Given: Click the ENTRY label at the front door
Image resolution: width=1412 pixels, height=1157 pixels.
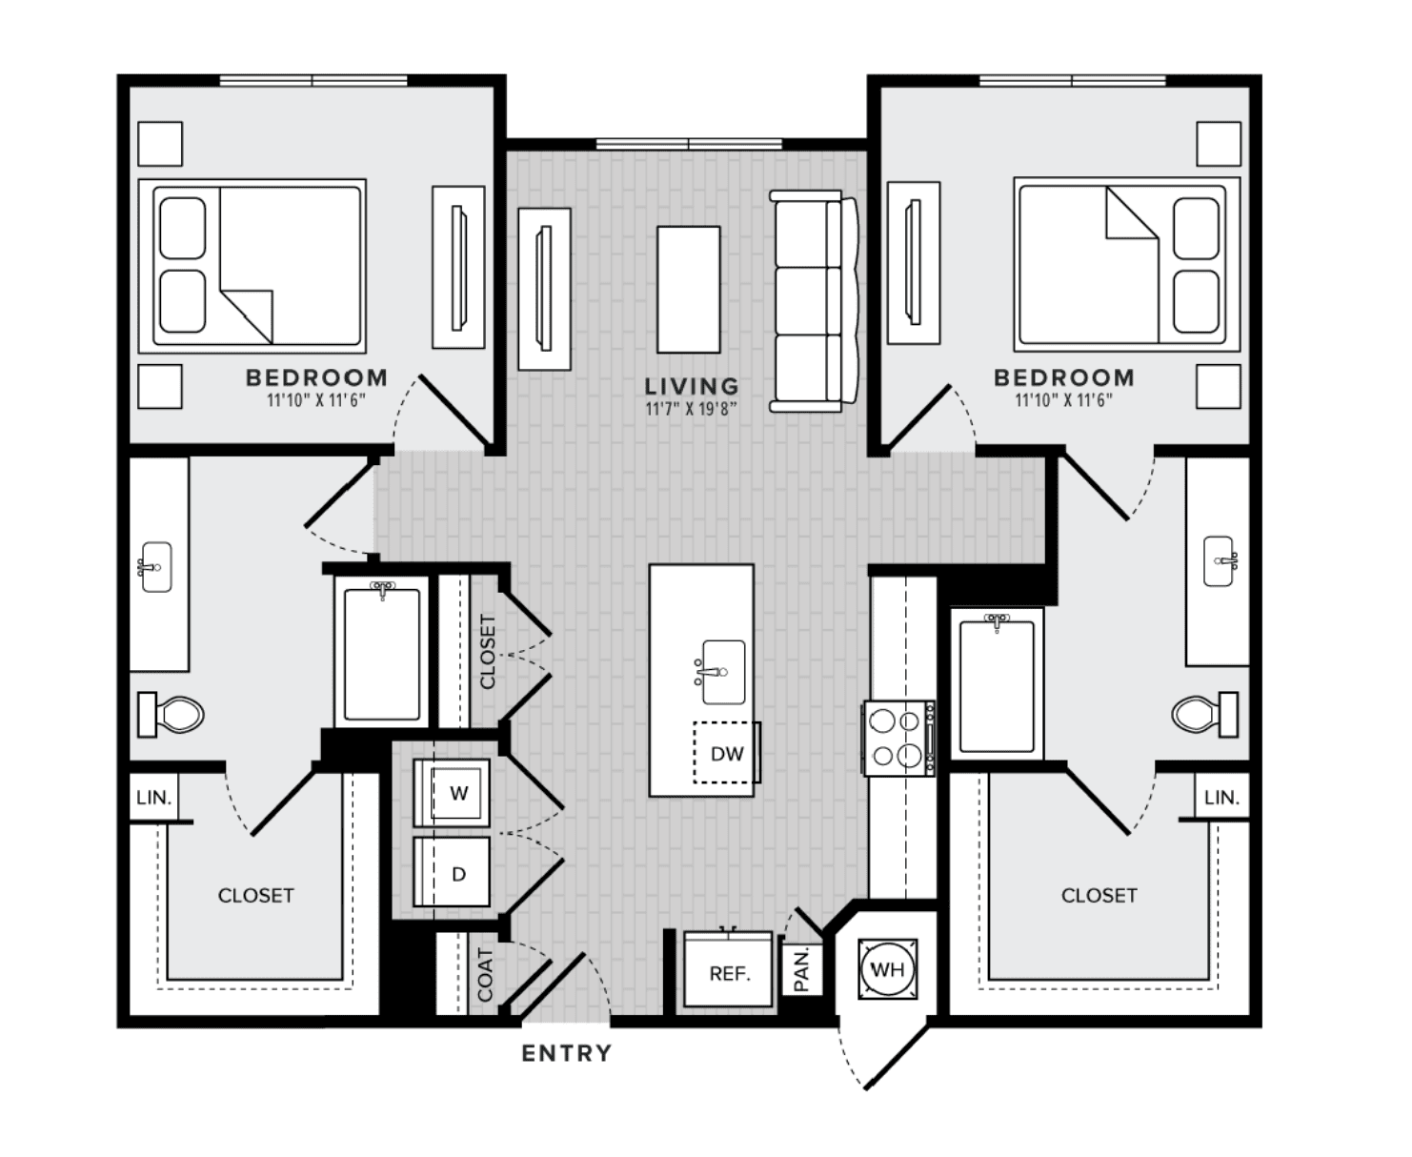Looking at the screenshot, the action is [x=566, y=1053].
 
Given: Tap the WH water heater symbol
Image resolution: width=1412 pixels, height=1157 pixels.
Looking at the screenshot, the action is [x=888, y=969].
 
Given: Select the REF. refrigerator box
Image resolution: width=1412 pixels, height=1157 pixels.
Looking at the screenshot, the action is [x=729, y=970].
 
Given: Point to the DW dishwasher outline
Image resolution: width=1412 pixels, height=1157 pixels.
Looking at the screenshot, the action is [x=726, y=753].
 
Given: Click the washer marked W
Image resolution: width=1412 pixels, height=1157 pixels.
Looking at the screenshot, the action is [x=452, y=793].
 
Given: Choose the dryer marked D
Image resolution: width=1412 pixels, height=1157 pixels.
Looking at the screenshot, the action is [x=452, y=872].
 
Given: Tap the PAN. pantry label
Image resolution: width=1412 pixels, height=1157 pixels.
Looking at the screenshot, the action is [x=801, y=969].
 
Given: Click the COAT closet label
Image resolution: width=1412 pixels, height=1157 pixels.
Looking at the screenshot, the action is [x=485, y=975].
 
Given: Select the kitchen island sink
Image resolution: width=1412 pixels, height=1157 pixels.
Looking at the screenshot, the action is [x=722, y=672].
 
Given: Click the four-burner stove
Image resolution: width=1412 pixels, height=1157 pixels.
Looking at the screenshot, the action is [x=899, y=739].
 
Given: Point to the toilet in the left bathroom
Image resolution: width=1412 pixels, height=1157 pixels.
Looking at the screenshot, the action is [x=171, y=715].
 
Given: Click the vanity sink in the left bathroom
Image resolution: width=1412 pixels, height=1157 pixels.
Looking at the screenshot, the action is [x=155, y=567].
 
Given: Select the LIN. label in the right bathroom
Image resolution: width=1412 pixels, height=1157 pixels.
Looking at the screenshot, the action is [x=1221, y=798].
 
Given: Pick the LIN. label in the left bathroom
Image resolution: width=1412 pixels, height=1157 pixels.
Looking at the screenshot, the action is [x=154, y=798].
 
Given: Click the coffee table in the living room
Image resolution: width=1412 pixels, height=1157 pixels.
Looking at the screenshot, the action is [x=688, y=290].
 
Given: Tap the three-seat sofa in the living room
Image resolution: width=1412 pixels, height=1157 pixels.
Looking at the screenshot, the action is [x=814, y=301].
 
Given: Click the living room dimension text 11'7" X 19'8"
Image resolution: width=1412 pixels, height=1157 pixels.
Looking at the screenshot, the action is [x=691, y=409].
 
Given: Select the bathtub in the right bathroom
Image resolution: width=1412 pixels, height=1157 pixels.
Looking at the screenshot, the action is [x=997, y=684].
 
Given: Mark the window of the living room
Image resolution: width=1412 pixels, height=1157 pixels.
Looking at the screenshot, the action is [x=689, y=144].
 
